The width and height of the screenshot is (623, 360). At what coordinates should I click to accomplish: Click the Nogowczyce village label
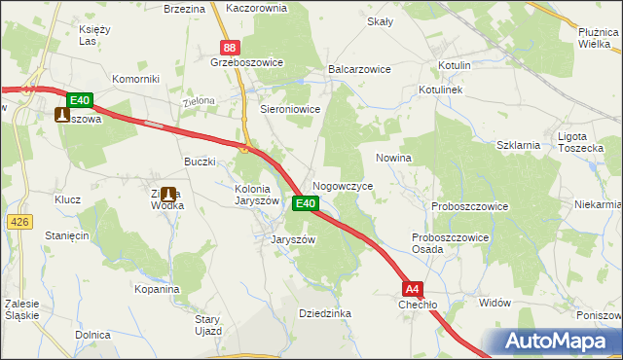point(343,185)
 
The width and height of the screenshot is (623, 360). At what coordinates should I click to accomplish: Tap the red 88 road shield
point(229,47)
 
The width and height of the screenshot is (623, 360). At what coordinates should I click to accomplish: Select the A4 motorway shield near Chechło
point(413,288)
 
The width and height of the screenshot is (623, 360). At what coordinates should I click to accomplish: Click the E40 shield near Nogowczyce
point(305,203)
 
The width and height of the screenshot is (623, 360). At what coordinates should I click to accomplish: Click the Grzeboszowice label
point(246,62)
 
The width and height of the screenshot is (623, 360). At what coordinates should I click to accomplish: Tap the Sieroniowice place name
point(289,110)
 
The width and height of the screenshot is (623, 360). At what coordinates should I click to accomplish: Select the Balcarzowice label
point(359,70)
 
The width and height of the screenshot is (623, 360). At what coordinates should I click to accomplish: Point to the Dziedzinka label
point(324,313)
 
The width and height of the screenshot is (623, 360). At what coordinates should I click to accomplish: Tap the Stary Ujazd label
point(208,325)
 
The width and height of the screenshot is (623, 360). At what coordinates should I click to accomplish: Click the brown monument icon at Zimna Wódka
point(168,195)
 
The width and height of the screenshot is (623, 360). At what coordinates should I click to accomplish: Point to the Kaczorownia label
point(255,8)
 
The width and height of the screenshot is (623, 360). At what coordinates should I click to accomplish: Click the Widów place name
point(495,303)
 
